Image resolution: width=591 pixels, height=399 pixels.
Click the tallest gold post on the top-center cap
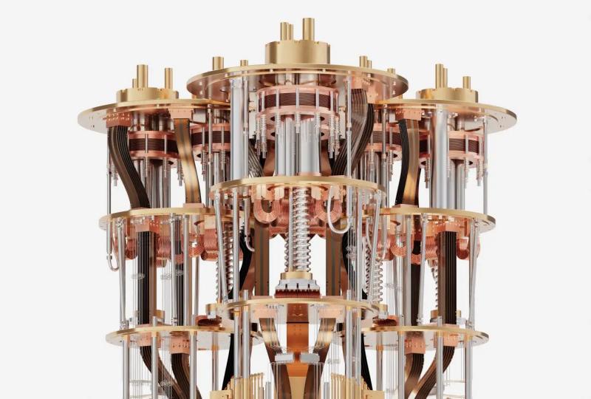pos(308,30)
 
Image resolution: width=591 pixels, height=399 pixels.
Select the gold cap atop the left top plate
pos(148,94)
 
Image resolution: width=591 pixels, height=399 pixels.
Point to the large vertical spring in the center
pos(301,229)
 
